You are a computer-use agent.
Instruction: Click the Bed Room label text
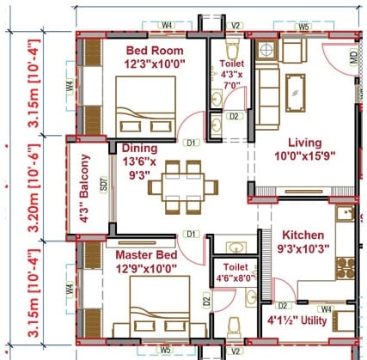point(147,50)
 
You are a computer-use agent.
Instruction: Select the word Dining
point(139,148)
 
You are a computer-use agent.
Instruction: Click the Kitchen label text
point(303,235)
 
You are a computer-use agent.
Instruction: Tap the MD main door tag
point(352,59)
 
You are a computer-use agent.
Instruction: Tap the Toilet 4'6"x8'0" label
point(233,272)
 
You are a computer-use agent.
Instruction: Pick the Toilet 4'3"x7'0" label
point(232,74)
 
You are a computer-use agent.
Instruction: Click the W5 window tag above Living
point(303,28)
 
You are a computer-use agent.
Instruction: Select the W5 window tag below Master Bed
point(165,350)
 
